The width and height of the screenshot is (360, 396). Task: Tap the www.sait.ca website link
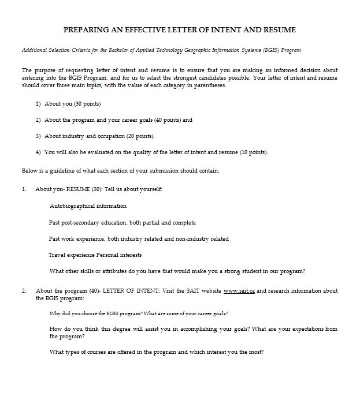[x=239, y=291]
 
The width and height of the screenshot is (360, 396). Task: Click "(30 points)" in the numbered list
[x=87, y=104]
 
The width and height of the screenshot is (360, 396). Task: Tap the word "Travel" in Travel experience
[x=57, y=255]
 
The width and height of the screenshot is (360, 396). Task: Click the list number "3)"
[x=38, y=136]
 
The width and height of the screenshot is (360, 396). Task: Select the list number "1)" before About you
[x=38, y=104]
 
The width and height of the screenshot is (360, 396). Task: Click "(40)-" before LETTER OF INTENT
[x=95, y=291]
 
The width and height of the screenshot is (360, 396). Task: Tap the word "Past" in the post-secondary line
[x=55, y=222]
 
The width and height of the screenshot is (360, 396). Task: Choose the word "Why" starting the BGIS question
[x=55, y=313]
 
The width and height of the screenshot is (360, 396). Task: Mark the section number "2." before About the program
[x=24, y=291]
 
